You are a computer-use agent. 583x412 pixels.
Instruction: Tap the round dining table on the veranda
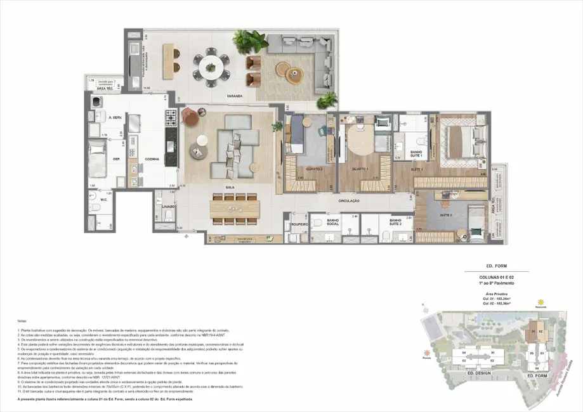coord(210,67)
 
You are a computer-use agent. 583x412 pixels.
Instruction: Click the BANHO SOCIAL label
coord(332,222)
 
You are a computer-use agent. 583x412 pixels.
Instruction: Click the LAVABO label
coord(167,207)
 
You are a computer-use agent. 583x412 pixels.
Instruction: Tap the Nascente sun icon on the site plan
coord(541,301)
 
